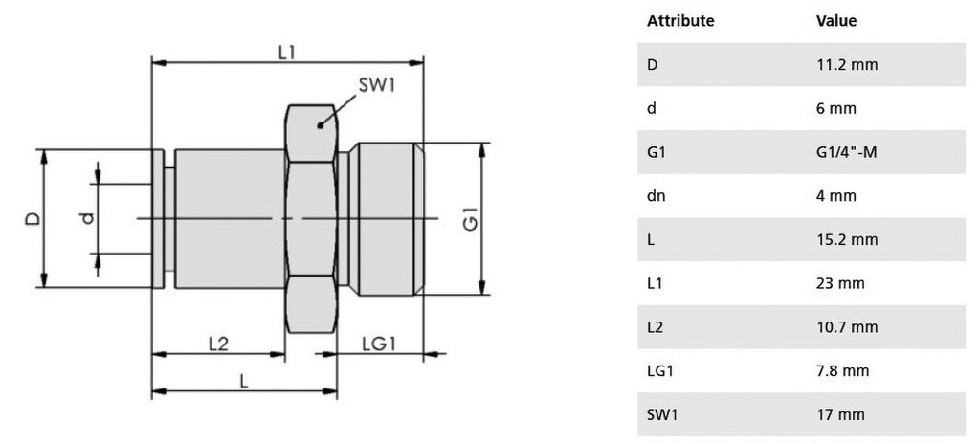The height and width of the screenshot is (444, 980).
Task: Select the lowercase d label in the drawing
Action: (87, 218)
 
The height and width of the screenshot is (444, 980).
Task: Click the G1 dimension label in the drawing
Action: (471, 220)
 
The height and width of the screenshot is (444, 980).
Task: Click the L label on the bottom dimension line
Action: (244, 380)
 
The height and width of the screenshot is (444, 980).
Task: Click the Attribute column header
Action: (680, 21)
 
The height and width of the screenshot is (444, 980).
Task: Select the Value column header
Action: (835, 21)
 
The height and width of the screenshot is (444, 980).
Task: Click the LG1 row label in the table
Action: (661, 370)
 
